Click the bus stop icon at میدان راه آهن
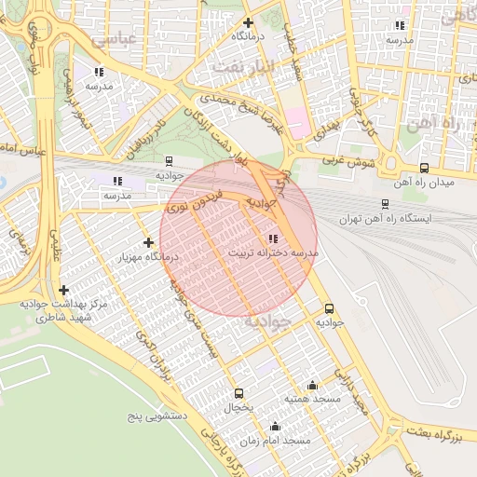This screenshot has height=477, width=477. (425, 169)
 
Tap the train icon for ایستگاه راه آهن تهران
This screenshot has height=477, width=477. (385, 203)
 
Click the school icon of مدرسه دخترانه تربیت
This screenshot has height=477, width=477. (273, 238)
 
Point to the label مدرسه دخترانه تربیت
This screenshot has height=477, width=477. (273, 253)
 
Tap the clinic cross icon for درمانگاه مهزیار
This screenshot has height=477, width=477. (148, 242)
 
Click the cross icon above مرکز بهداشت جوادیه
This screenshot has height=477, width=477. (63, 290)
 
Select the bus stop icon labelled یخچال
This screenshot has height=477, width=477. (238, 393)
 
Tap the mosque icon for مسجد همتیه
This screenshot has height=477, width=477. (312, 385)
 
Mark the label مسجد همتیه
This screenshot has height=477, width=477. (312, 399)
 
